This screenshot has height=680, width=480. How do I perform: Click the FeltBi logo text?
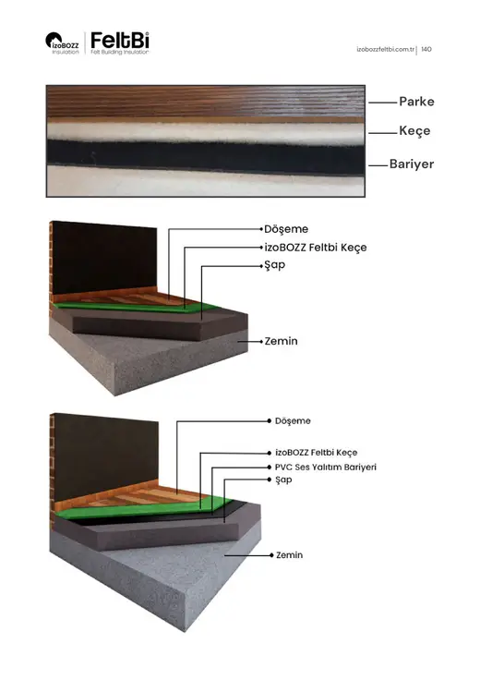pyautogui.click(x=120, y=41)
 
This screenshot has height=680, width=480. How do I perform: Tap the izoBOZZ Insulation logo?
pyautogui.click(x=62, y=43)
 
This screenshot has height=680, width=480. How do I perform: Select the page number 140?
pyautogui.click(x=426, y=50)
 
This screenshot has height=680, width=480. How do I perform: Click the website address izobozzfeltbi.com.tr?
pyautogui.click(x=386, y=50)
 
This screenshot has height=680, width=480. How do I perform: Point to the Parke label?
pyautogui.click(x=416, y=102)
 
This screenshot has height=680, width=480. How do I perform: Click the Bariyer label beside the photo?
pyautogui.click(x=412, y=164)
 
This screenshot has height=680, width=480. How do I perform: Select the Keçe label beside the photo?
pyautogui.click(x=414, y=131)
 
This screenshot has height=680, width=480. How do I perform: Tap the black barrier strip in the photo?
pyautogui.click(x=205, y=157)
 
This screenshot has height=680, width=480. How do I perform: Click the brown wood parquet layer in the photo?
pyautogui.click(x=205, y=103)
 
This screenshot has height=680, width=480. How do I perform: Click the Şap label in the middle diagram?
pyautogui.click(x=275, y=265)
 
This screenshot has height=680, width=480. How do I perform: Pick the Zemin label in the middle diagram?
pyautogui.click(x=282, y=341)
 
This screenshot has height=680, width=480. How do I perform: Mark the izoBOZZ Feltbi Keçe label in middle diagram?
pyautogui.click(x=316, y=248)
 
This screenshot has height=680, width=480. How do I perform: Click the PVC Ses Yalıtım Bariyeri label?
pyautogui.click(x=326, y=467)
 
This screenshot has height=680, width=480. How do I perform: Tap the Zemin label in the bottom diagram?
pyautogui.click(x=290, y=555)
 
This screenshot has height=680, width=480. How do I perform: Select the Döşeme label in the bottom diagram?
pyautogui.click(x=293, y=420)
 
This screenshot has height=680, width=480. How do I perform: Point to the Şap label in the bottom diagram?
pyautogui.click(x=283, y=480)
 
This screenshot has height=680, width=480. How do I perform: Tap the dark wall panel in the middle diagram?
pyautogui.click(x=104, y=259)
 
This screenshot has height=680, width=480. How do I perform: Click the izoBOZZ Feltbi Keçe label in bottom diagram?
pyautogui.click(x=317, y=453)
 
